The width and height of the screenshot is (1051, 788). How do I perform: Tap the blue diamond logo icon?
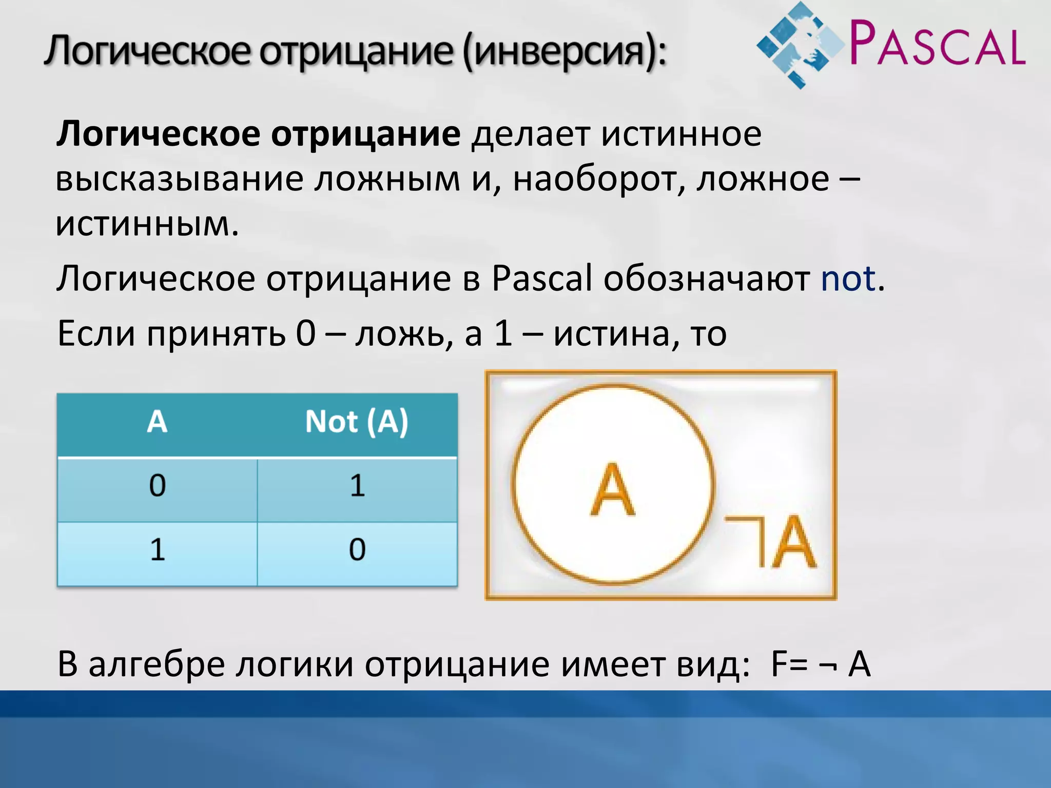pyautogui.click(x=801, y=45)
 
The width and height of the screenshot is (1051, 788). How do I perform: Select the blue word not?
pyautogui.click(x=848, y=279)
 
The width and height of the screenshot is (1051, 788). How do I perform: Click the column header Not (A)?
pyautogui.click(x=357, y=422)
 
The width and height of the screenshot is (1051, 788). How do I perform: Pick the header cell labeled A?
pyautogui.click(x=157, y=422)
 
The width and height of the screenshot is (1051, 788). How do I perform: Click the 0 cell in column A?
pyautogui.click(x=157, y=485)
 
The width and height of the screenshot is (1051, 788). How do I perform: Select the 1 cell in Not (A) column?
pyautogui.click(x=357, y=485)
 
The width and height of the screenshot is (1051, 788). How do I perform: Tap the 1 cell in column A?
pyautogui.click(x=157, y=549)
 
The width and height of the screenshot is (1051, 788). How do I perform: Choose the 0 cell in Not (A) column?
pyautogui.click(x=357, y=549)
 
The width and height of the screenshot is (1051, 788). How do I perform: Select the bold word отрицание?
pyautogui.click(x=365, y=134)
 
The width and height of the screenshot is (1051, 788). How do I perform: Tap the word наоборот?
pyautogui.click(x=598, y=179)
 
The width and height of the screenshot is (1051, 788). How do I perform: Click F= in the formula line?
pyautogui.click(x=790, y=664)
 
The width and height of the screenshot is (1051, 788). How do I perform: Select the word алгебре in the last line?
pyautogui.click(x=157, y=664)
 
